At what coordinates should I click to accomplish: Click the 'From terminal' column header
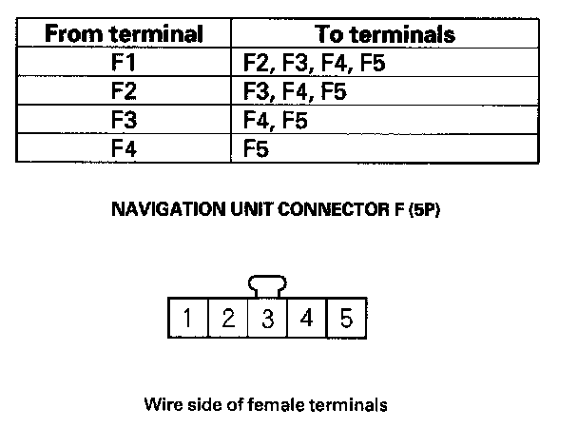coord(125,34)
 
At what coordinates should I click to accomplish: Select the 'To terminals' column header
coord(384,34)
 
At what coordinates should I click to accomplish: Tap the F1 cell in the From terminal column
coord(125,64)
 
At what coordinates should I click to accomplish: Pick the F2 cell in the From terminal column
coord(125,92)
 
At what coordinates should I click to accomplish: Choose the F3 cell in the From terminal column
coord(125,121)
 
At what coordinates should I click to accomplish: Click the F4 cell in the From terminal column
coord(125,148)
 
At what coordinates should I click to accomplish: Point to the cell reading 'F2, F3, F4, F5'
coord(314,64)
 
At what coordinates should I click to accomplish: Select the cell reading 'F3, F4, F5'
coord(295,92)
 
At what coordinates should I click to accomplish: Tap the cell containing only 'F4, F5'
coord(276,121)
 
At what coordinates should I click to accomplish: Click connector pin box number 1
coord(188,318)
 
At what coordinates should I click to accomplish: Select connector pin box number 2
coord(228,318)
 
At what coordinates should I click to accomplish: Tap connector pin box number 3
coord(267,318)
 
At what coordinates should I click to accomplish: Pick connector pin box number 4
coord(306,318)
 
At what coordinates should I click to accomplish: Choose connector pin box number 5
coord(346,318)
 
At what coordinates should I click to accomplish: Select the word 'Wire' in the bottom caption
coord(163,404)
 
